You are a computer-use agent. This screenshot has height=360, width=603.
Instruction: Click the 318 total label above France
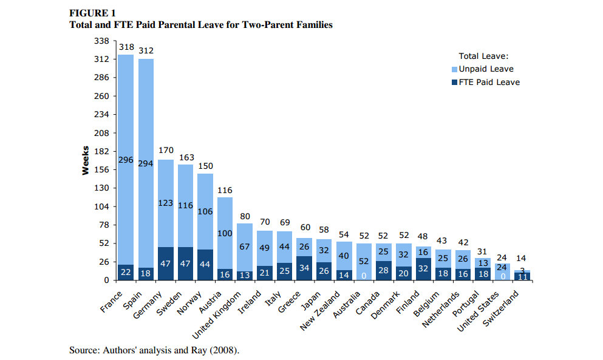(126, 47)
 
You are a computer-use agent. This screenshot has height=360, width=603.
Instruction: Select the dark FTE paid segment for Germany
(166, 263)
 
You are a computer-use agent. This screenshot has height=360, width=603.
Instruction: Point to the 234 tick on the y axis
(101, 115)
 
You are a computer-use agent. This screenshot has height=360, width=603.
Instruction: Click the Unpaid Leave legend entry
(486, 69)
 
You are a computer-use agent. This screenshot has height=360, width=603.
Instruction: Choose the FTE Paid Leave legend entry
(489, 82)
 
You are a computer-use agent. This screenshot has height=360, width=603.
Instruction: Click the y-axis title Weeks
(86, 160)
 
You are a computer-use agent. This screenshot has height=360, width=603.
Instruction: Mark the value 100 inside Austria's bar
(225, 234)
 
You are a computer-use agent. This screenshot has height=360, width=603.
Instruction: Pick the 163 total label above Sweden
(186, 157)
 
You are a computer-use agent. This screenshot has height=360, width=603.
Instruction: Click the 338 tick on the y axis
(101, 41)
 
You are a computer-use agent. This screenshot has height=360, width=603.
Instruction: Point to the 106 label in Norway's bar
(205, 211)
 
